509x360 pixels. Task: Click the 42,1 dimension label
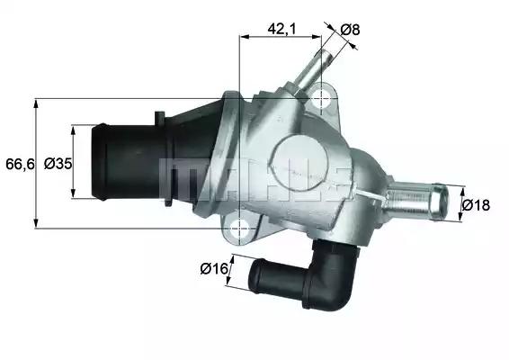(281, 29)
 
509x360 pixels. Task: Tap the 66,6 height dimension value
(18, 163)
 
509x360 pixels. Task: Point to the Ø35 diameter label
(58, 163)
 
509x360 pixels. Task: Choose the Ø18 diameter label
(476, 205)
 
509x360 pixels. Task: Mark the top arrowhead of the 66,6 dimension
(35, 101)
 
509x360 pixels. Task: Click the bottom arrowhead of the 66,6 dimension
(35, 225)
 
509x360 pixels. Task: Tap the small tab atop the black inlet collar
(159, 115)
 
